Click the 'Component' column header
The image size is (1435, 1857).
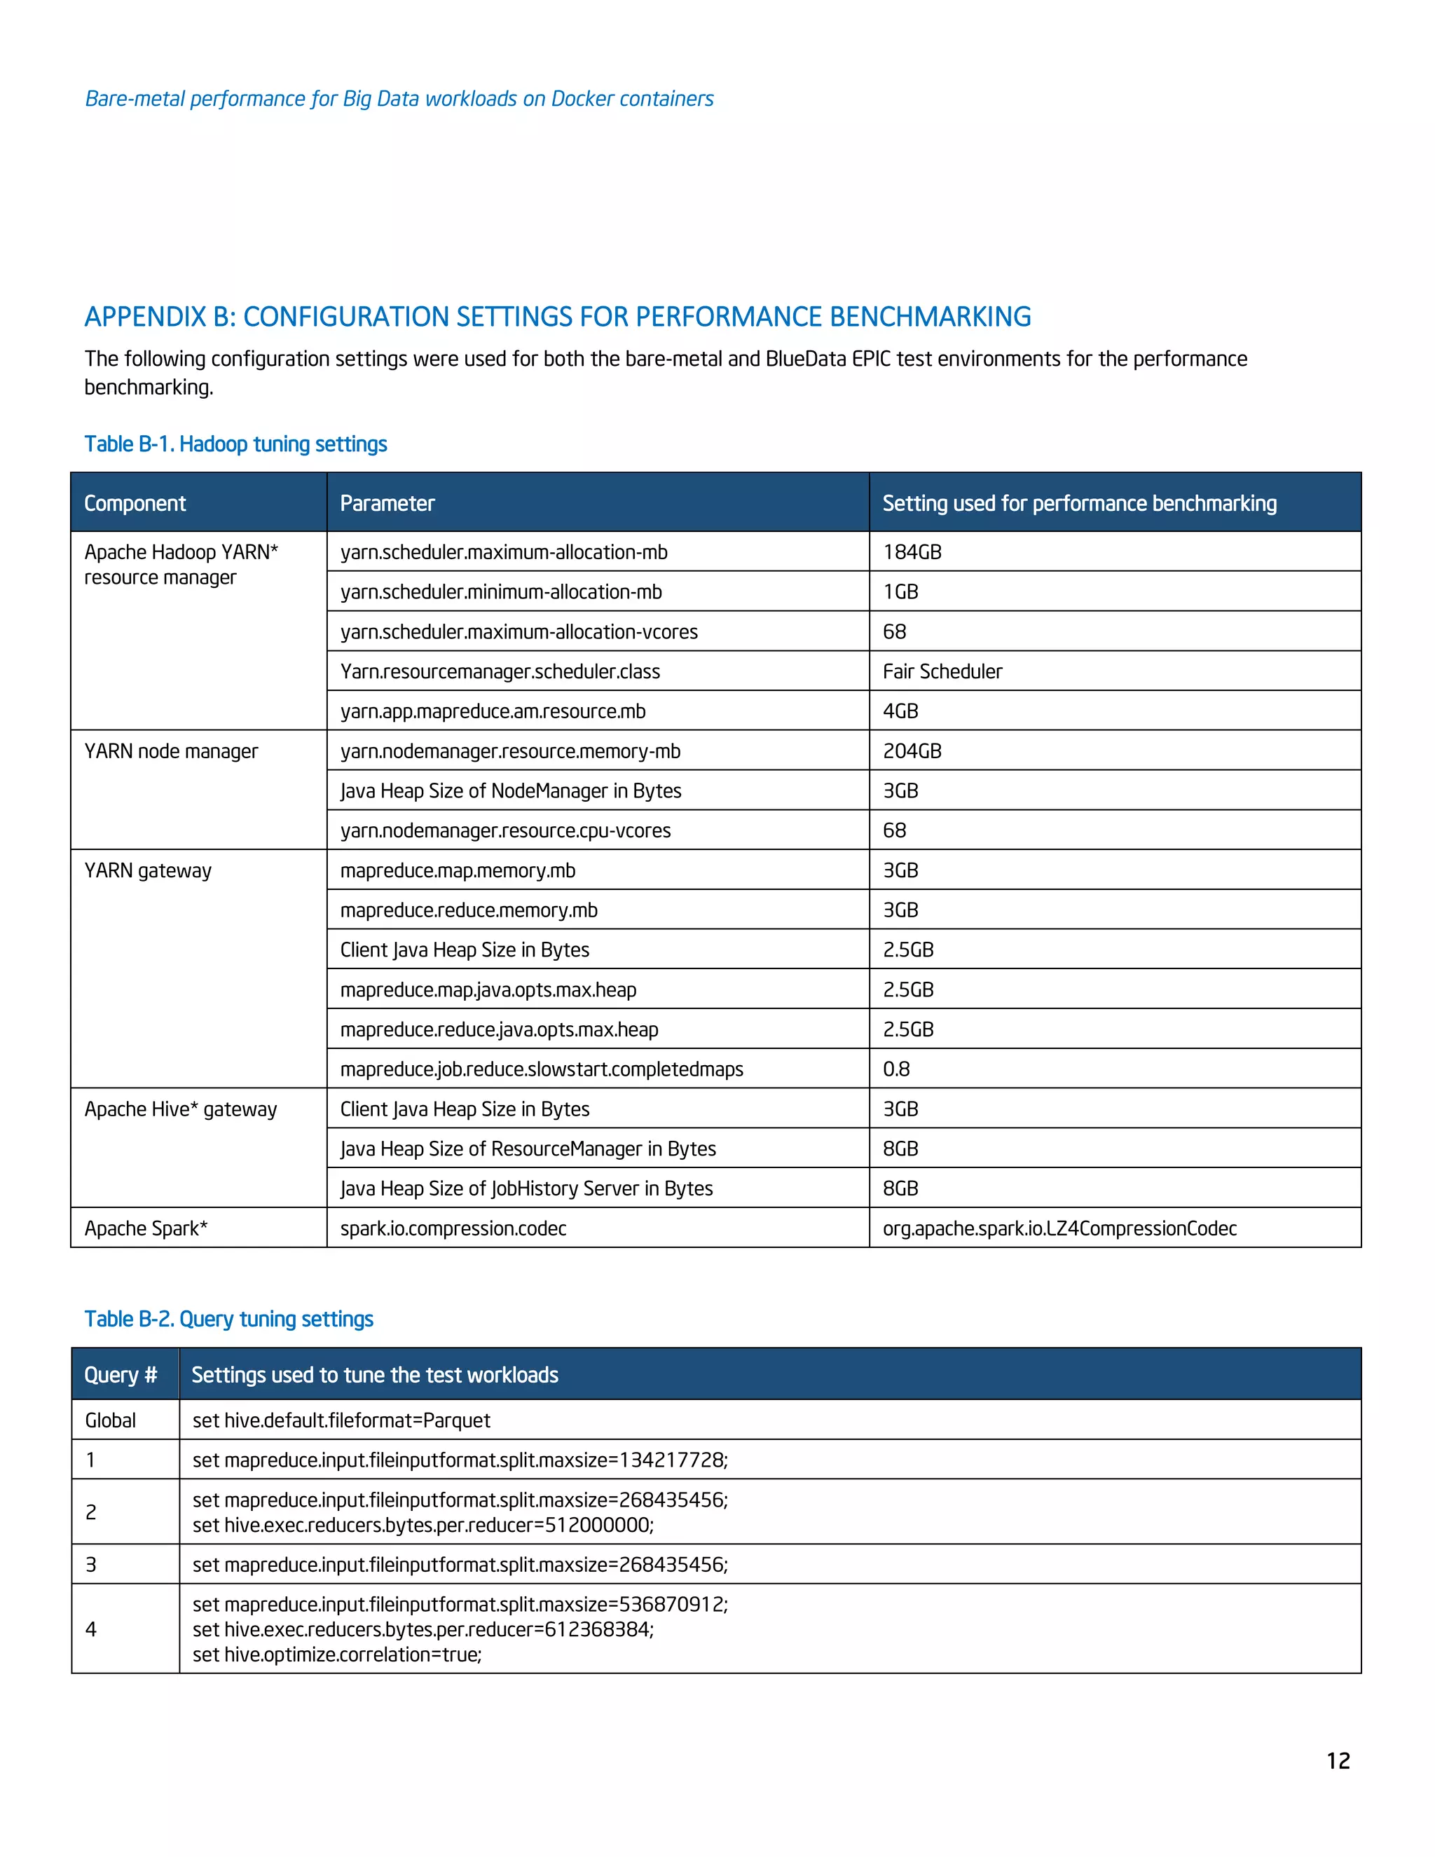pyautogui.click(x=135, y=503)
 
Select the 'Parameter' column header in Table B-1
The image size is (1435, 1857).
pyautogui.click(x=387, y=503)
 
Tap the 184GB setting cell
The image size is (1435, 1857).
pyautogui.click(x=912, y=551)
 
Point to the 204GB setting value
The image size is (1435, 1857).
pyautogui.click(x=912, y=751)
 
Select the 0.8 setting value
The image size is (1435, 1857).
pyautogui.click(x=896, y=1069)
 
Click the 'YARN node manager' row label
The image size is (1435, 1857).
pyautogui.click(x=171, y=751)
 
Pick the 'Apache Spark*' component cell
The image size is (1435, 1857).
pyautogui.click(x=145, y=1228)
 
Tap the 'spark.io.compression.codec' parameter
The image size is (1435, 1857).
pyautogui.click(x=453, y=1228)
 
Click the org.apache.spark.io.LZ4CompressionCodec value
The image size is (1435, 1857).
pyautogui.click(x=1059, y=1228)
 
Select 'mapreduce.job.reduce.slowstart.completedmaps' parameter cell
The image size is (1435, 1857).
pyautogui.click(x=542, y=1069)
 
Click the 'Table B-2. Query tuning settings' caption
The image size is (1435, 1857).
pyautogui.click(x=228, y=1319)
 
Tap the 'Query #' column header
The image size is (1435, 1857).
pyautogui.click(x=120, y=1375)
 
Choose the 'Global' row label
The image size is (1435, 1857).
pyautogui.click(x=111, y=1420)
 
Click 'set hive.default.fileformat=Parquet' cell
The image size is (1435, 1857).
pyautogui.click(x=341, y=1420)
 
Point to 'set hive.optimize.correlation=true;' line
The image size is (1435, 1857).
pyautogui.click(x=336, y=1654)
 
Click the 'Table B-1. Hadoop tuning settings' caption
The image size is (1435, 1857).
pyautogui.click(x=235, y=444)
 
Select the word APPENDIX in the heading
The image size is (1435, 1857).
pyautogui.click(x=145, y=316)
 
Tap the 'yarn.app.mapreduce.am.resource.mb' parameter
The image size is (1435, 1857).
pyautogui.click(x=493, y=711)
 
